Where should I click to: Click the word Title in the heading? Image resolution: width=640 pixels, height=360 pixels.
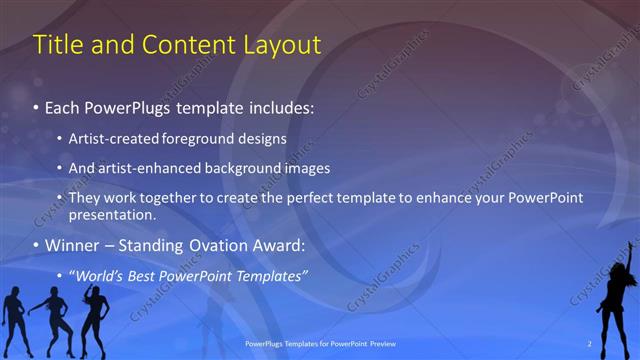click(x=58, y=45)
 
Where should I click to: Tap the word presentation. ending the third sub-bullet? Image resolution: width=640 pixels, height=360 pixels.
click(x=112, y=214)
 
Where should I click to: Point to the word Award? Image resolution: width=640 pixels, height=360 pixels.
click(x=279, y=245)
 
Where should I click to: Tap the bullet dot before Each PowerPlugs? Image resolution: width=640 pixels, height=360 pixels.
click(x=36, y=107)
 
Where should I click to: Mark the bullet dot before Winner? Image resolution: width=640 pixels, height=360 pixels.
click(x=36, y=246)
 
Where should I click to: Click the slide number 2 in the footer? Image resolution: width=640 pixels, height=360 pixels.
click(x=590, y=344)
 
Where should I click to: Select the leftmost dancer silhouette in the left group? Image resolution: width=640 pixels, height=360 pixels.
click(x=15, y=318)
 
